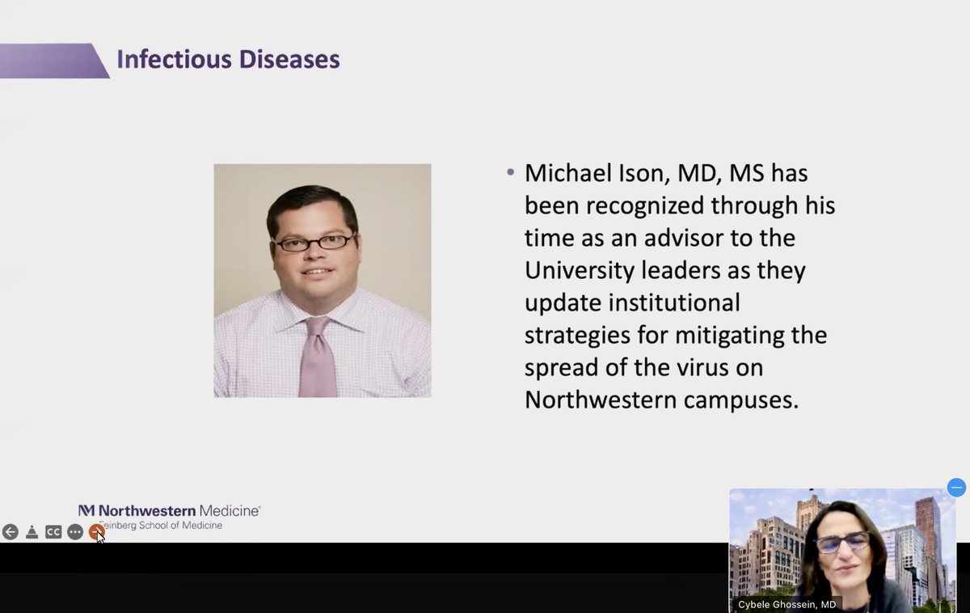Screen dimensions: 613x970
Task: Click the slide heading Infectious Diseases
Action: click(x=228, y=60)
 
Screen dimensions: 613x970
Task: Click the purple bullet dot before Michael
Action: click(x=510, y=173)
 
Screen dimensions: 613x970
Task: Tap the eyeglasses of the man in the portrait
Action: click(x=314, y=242)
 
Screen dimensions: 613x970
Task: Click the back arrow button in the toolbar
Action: click(x=10, y=532)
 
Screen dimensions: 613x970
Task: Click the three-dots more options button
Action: click(x=75, y=532)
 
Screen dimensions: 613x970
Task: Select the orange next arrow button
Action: click(x=96, y=531)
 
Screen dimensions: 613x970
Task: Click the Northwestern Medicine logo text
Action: click(x=170, y=511)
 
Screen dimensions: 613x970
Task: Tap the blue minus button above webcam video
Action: click(x=956, y=488)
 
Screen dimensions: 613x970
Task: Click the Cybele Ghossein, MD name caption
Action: click(x=785, y=604)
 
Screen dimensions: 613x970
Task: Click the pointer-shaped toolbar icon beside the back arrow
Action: click(x=32, y=532)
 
